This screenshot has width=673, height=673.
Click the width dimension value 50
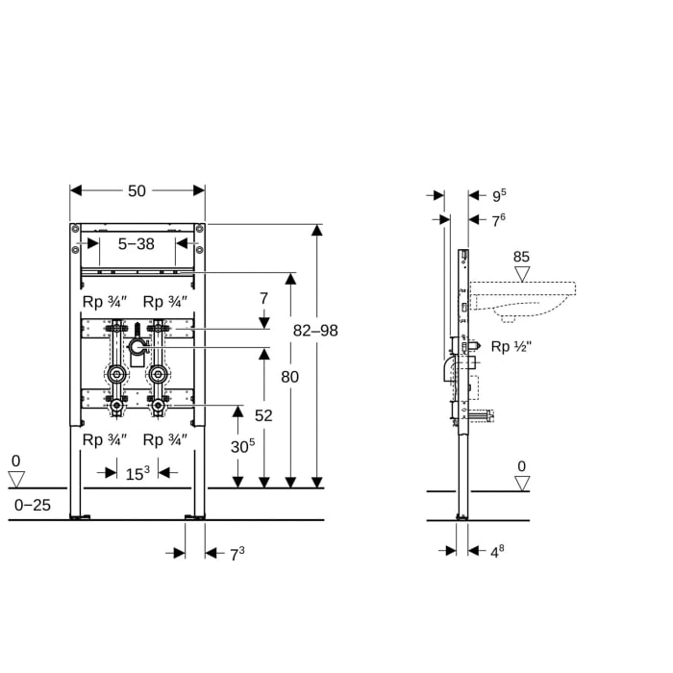[137, 190]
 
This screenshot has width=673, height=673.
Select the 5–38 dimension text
[136, 244]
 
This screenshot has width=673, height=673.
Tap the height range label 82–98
[315, 330]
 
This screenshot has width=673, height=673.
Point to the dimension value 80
[289, 377]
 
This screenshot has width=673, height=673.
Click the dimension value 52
[263, 414]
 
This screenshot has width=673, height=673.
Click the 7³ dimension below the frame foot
[237, 553]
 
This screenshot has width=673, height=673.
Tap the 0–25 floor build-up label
[32, 504]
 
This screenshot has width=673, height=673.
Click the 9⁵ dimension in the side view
[499, 196]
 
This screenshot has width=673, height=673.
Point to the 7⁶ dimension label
[499, 221]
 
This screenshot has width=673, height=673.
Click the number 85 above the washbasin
[522, 257]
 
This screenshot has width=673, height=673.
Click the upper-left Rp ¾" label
[104, 301]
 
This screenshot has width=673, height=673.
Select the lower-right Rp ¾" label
[165, 439]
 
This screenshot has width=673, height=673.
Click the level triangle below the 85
[522, 274]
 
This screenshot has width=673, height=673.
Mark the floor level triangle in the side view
[521, 483]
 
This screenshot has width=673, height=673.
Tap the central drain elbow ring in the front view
[137, 344]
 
